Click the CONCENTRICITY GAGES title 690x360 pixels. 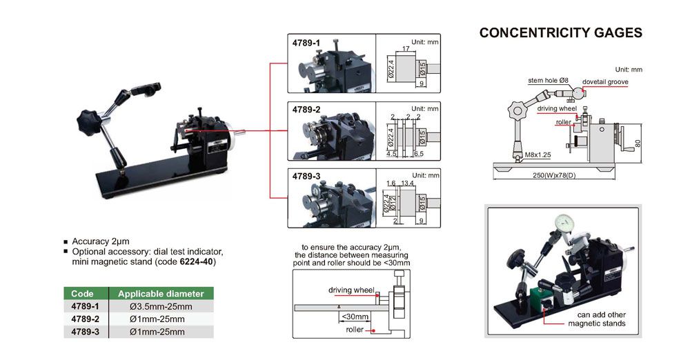[560, 32]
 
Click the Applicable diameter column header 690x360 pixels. [161, 293]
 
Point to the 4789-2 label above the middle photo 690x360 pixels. [306, 109]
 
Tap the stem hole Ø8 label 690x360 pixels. [548, 81]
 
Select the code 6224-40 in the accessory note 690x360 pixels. [197, 261]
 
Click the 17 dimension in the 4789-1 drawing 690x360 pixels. [405, 48]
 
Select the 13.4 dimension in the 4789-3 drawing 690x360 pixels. [409, 183]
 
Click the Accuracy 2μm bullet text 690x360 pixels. [101, 242]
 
